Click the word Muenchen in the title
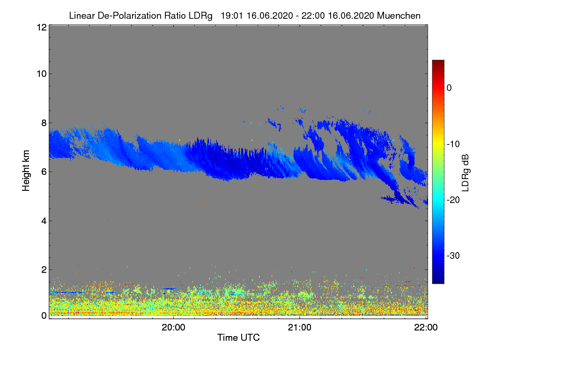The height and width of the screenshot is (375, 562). (x=399, y=15)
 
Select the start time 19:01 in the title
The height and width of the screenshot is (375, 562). (x=230, y=15)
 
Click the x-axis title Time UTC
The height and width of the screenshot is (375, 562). (x=238, y=337)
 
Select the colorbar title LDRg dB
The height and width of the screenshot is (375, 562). (x=466, y=172)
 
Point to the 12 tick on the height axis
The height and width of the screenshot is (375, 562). (x=41, y=27)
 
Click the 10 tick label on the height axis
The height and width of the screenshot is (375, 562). (x=41, y=74)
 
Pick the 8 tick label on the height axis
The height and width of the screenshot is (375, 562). (x=44, y=123)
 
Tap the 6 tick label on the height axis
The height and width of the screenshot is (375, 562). (x=44, y=172)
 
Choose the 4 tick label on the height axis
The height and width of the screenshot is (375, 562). (x=44, y=221)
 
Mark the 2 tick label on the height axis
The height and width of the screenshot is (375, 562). (x=44, y=270)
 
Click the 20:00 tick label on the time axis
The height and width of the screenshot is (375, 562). (x=173, y=328)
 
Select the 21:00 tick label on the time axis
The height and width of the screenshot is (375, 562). (x=300, y=328)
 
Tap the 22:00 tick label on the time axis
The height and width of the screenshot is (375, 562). (x=426, y=328)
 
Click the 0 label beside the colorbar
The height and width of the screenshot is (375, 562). (x=449, y=88)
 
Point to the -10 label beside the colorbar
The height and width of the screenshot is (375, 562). (x=453, y=144)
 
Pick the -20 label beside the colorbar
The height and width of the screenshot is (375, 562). (x=453, y=200)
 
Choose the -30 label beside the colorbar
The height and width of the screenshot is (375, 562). (x=453, y=256)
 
